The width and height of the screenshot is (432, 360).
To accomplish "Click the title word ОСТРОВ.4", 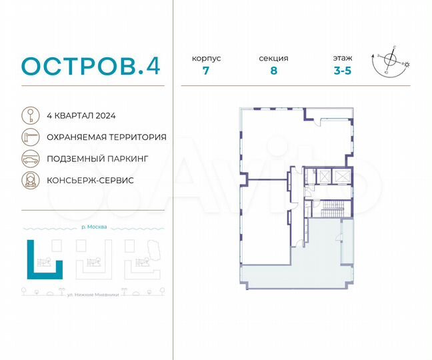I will click(x=91, y=66).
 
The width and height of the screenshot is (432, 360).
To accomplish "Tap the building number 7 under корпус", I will click(x=206, y=71).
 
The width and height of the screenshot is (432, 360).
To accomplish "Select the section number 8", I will click(x=273, y=71).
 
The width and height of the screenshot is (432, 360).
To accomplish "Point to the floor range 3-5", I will click(x=343, y=71).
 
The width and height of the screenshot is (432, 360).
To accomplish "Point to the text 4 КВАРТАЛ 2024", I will click(x=82, y=115).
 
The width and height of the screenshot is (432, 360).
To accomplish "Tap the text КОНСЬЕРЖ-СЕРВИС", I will click(x=91, y=181).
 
